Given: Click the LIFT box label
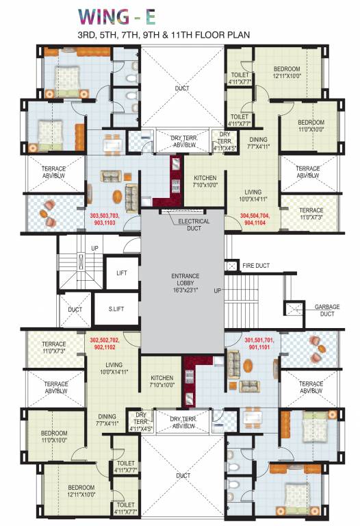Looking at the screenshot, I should pos(122,273).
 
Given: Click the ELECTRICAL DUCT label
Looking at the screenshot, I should pos(194,225).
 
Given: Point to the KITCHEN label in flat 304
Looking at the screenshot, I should pos(205,181).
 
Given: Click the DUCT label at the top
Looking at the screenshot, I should pos(182,88).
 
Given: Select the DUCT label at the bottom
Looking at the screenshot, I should pos(182,475).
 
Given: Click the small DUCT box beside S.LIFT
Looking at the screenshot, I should pos(75,310).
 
